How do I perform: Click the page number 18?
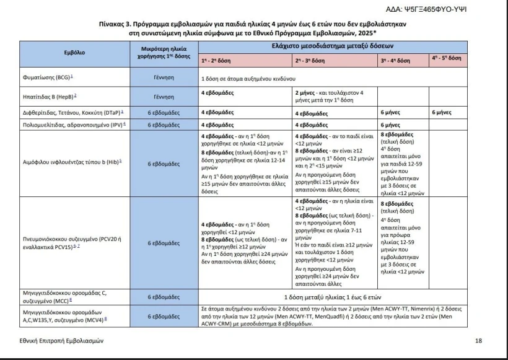[x=478, y=340]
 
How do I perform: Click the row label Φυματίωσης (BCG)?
[x=43, y=79]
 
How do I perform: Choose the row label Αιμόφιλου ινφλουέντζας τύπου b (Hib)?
[x=71, y=164]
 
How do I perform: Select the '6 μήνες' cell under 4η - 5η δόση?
[x=441, y=113]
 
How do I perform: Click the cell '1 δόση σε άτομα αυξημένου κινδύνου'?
[x=253, y=79]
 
